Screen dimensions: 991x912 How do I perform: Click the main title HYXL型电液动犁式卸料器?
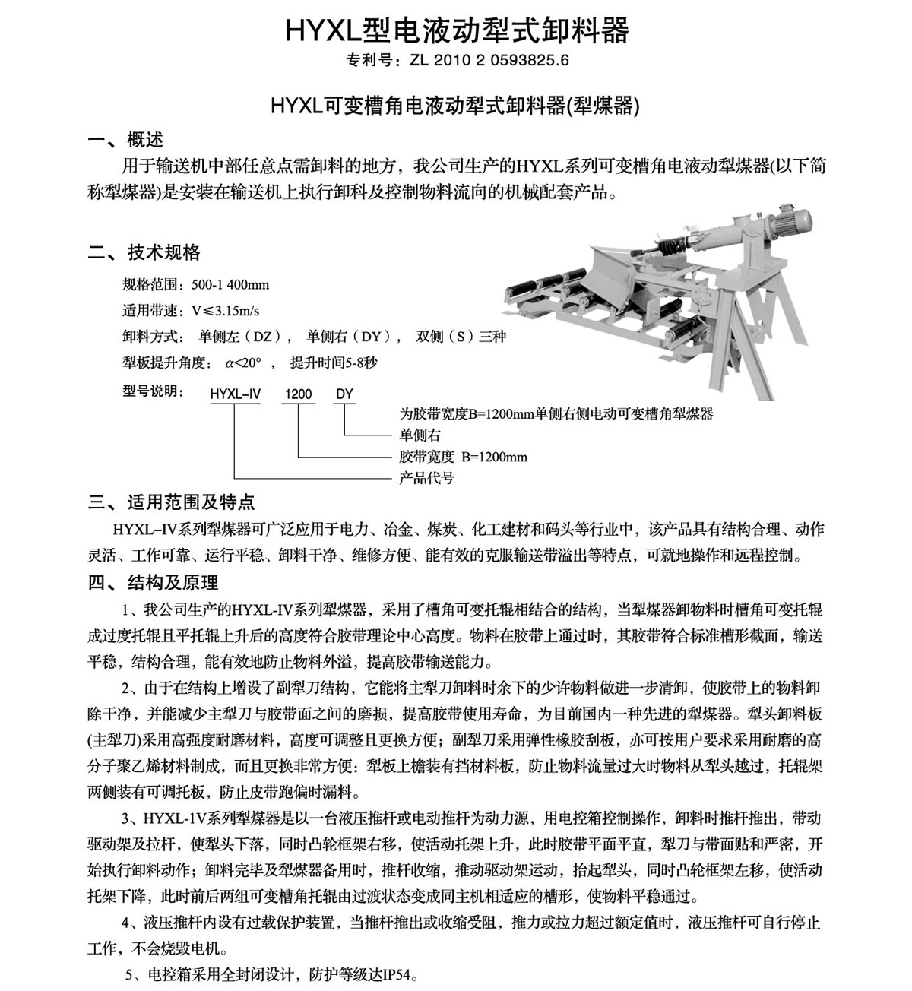click(456, 30)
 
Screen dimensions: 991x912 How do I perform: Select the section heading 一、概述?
click(126, 140)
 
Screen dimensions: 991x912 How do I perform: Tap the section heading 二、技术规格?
click(144, 252)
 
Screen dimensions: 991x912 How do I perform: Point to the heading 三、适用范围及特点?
click(172, 502)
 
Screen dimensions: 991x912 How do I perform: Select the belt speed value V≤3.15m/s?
click(225, 311)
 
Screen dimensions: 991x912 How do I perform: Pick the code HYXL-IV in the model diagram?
click(235, 394)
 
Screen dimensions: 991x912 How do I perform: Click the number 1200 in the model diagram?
click(298, 394)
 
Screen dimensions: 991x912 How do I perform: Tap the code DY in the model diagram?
click(344, 394)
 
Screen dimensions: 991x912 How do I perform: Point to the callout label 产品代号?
click(426, 478)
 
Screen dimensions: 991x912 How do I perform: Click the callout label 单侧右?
click(420, 435)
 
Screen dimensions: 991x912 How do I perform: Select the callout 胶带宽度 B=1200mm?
click(463, 457)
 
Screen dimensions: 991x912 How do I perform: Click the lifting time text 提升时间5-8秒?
click(334, 363)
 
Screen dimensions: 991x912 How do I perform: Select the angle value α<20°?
click(242, 363)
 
